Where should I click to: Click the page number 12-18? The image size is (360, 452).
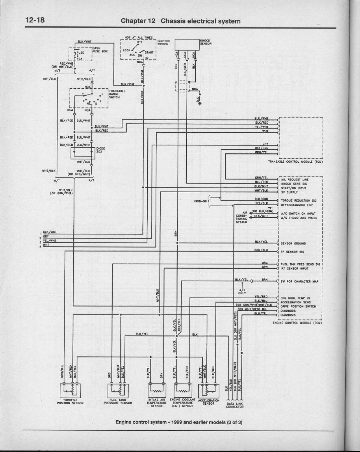34,20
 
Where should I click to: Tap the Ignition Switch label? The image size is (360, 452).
163,42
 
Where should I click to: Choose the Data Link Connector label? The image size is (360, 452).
235,405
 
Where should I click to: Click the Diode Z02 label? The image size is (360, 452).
100,150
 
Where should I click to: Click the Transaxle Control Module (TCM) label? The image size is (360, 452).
295,161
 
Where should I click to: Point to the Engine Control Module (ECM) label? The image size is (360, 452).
298,323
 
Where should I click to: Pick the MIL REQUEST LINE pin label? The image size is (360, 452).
295,179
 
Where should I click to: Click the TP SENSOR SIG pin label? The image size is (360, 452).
294,251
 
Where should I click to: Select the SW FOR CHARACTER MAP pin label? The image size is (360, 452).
299,282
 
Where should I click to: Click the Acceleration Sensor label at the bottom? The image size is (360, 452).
208,402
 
